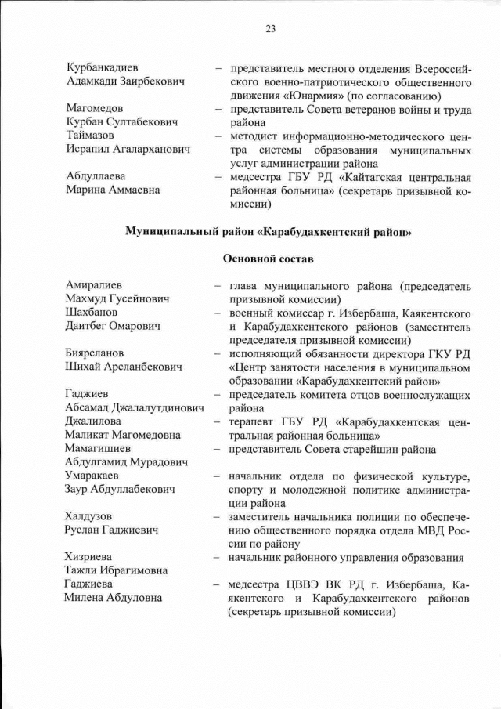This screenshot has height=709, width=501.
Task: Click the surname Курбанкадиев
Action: [105, 68]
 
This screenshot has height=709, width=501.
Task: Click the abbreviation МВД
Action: [430, 530]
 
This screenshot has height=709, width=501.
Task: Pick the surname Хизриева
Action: [93, 558]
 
